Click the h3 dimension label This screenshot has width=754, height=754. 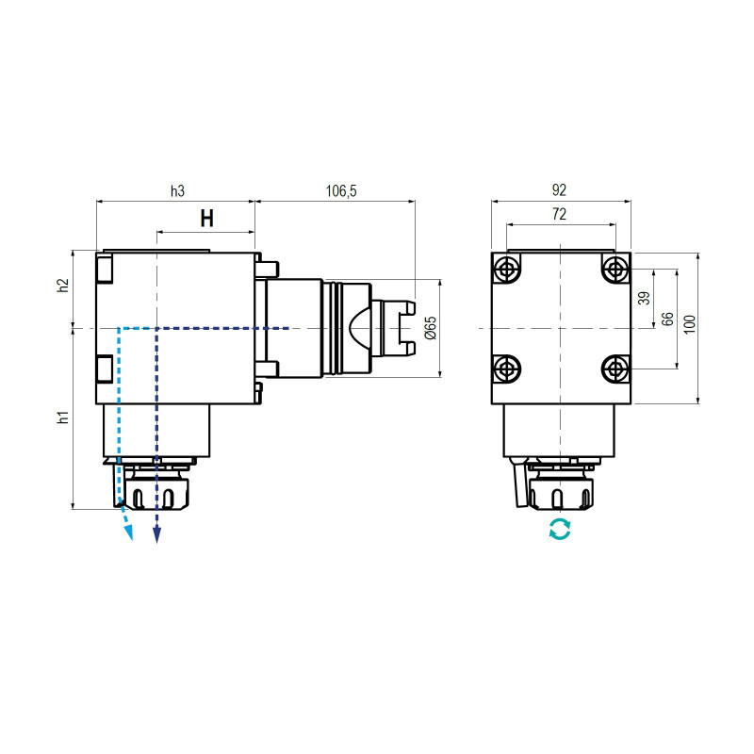pos(177,191)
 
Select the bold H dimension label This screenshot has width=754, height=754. pos(206,220)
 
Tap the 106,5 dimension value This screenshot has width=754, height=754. pos(340,191)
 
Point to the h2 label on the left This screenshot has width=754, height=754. pos(63,287)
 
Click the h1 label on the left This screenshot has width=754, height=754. pos(63,417)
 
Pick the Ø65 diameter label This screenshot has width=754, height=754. pos(430,328)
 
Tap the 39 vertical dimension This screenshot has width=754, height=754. pos(645,298)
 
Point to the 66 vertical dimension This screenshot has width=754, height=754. pos(667,319)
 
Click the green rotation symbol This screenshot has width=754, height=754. pos(560,530)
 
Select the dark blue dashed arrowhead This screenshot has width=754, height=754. pos(157,534)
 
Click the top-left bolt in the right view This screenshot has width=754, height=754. pos(508,270)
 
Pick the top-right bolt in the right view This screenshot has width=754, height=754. pos(615,270)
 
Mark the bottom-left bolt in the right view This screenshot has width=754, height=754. pos(508,368)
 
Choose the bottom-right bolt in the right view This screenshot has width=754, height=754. pos(615,368)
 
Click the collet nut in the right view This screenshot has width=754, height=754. pos(560,492)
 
